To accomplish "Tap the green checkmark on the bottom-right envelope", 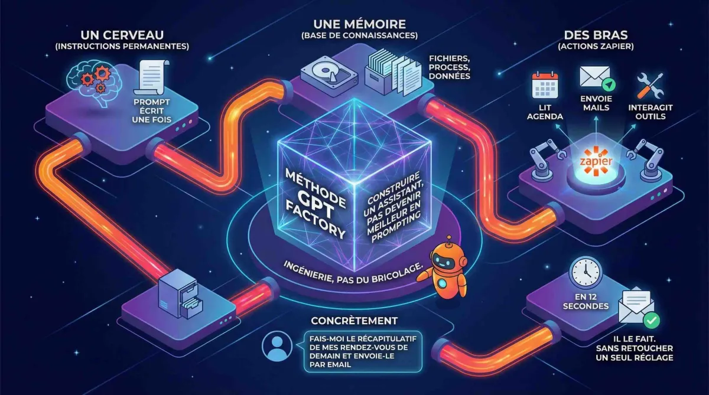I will tap(651, 321).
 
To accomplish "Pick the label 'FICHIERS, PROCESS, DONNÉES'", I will tap(450, 67).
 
